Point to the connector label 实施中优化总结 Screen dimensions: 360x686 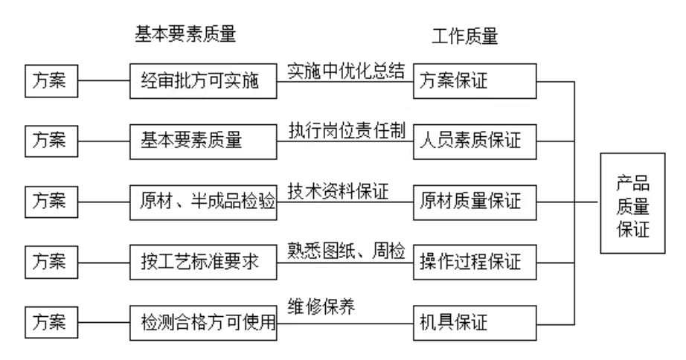(x=346, y=71)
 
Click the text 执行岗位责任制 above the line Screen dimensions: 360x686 (x=346, y=130)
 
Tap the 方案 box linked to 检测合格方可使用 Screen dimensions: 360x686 (x=47, y=323)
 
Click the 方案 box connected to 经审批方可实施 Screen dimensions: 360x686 (x=47, y=80)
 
